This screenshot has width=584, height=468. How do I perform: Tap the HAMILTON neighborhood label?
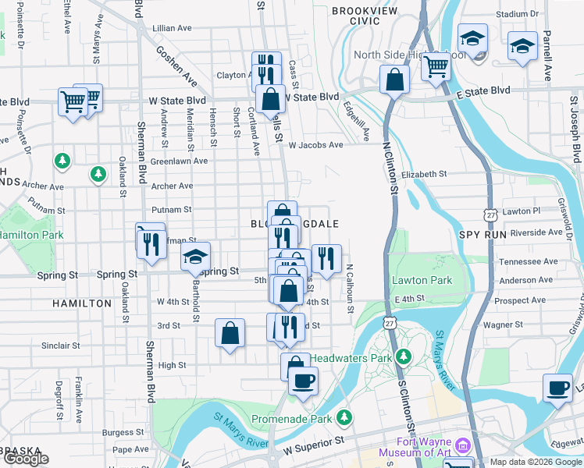point(82,303)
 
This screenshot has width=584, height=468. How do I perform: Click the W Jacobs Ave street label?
point(315,145)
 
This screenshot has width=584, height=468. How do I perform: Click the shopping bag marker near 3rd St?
point(230,333)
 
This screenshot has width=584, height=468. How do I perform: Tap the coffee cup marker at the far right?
point(557,387)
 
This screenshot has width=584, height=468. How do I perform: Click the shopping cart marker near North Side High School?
point(436,66)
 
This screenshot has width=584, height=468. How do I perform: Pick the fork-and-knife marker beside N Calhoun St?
point(326,257)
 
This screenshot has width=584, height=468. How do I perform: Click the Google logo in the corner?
point(26,459)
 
